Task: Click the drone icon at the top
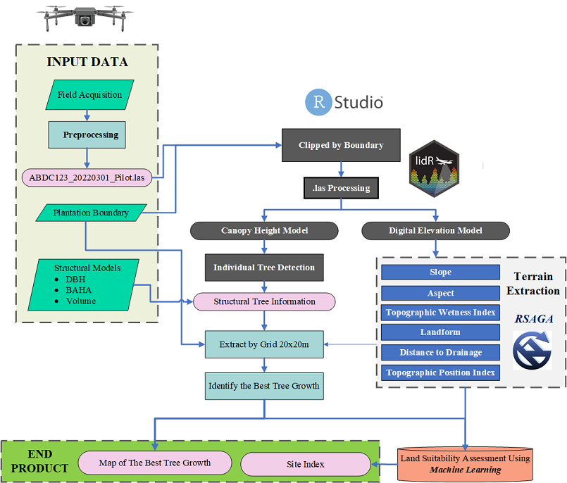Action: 87,19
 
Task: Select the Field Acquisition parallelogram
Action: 89,95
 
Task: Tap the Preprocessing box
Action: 87,134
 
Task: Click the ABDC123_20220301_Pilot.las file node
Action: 87,177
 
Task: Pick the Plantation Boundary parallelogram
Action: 91,212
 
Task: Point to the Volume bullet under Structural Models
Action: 81,301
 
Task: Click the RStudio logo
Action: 344,102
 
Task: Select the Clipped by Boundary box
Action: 341,145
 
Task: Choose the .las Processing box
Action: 341,188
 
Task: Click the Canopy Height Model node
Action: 264,231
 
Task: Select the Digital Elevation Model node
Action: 435,231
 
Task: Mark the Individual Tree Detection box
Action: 264,268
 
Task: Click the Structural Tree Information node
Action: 264,301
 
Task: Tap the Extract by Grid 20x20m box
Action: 264,344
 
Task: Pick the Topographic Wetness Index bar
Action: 440,313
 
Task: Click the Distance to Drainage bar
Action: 440,352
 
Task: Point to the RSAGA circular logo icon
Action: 532,350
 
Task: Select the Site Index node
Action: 305,464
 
